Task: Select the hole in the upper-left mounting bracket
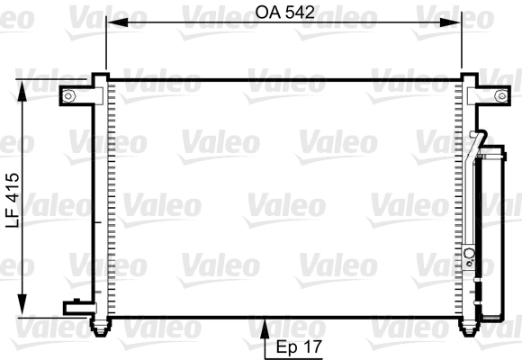click(68, 95)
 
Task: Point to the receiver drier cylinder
click(494, 234)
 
